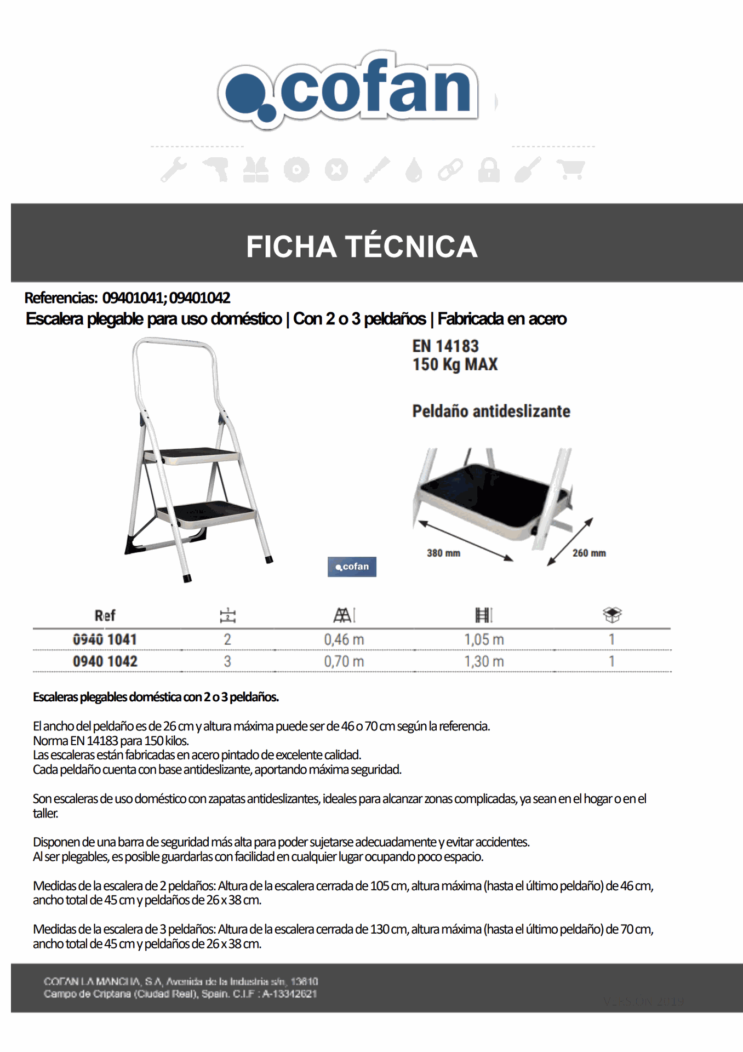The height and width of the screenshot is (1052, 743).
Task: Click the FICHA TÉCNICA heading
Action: pos(362,246)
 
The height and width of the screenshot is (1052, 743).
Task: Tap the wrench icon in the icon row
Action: pos(174,169)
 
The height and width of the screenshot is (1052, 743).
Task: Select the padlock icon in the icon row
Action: pos(488,169)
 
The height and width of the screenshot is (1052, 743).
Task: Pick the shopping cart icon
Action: pos(570,169)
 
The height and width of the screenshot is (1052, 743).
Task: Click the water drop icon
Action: pos(414,170)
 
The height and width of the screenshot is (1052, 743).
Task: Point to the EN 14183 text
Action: pos(445,346)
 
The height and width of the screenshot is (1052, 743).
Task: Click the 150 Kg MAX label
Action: pos(455,364)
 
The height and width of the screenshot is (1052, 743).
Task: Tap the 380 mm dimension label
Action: pos(443,553)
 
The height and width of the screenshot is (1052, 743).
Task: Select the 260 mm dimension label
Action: pos(589,553)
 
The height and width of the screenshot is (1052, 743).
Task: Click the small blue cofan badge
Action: pos(352,567)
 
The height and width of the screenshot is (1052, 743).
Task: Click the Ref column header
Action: pos(105,615)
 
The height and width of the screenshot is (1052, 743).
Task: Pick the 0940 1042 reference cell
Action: pos(105,661)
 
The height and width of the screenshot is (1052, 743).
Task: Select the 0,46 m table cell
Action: pos(344,639)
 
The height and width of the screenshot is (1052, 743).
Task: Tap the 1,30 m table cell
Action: pos(484,661)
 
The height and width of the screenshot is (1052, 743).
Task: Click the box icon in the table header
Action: pos(612,615)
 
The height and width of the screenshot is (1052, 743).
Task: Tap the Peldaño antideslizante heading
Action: pos(491,411)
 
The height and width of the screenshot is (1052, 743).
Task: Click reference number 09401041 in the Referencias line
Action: pos(132,298)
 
